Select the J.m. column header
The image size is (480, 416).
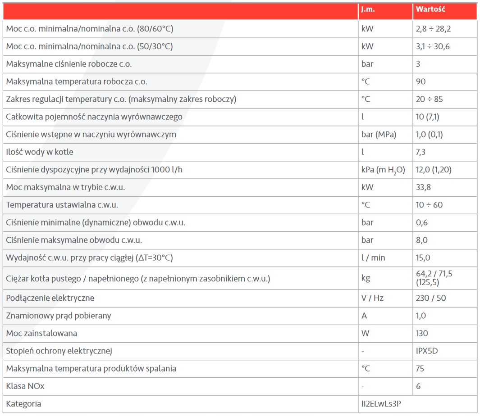tap(367, 9)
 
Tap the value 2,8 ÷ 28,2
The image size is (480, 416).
tap(433, 29)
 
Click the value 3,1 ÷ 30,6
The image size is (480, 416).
tap(433, 46)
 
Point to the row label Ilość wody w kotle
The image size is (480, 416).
tap(40, 152)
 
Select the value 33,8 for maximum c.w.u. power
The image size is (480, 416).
tap(423, 187)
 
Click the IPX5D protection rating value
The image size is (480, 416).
tap(427, 351)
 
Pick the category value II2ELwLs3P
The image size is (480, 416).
tap(387, 403)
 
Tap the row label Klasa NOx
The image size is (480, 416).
tap(25, 386)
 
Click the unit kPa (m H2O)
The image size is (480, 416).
tap(383, 170)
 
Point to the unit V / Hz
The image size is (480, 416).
tap(372, 298)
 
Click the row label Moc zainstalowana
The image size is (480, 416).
tap(41, 333)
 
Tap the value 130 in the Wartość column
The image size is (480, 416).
tap(422, 333)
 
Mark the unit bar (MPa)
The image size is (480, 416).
tap(379, 134)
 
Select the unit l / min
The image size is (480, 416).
tap(373, 258)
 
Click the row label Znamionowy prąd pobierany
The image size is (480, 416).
tap(59, 316)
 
